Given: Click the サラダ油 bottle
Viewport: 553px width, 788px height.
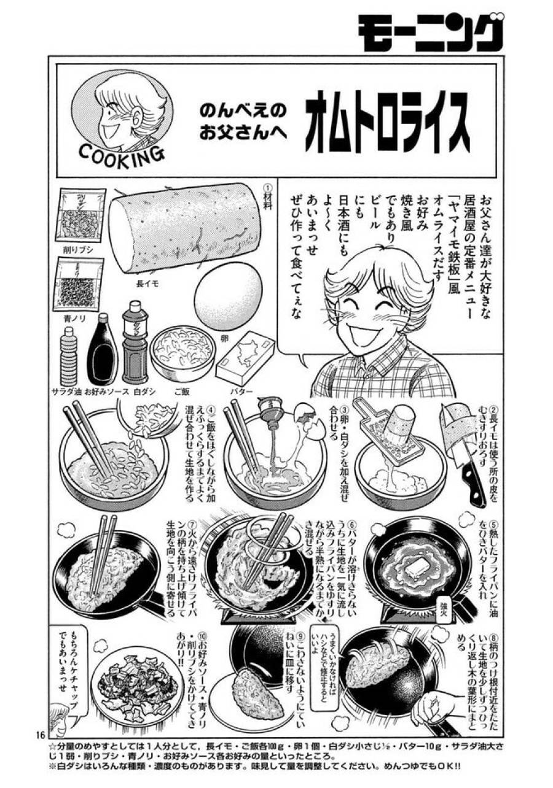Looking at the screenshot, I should (x=70, y=356).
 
